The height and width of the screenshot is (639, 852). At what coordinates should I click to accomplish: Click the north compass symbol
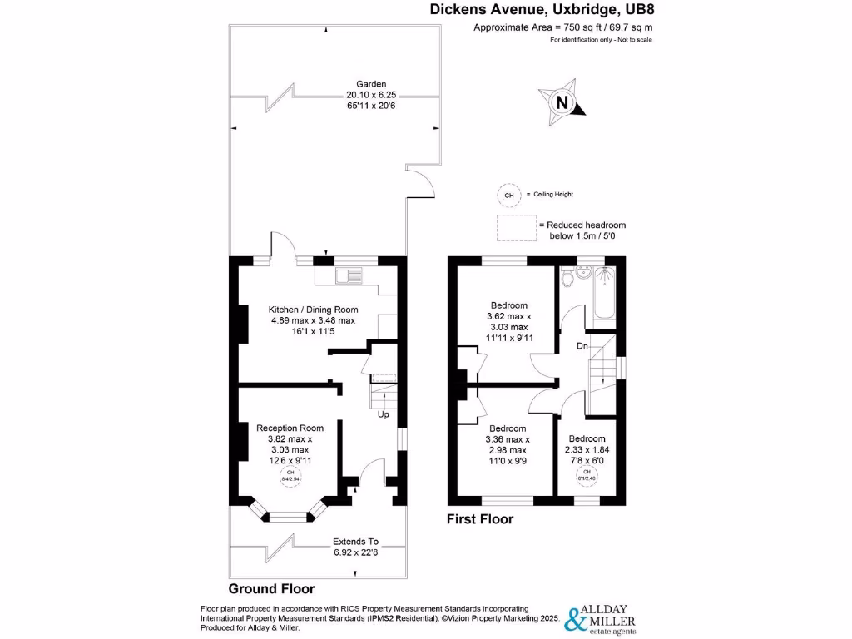click(x=562, y=102)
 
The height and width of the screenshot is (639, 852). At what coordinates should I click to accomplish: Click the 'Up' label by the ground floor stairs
click(x=384, y=414)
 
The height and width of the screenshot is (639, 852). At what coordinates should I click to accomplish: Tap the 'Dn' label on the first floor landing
click(x=585, y=345)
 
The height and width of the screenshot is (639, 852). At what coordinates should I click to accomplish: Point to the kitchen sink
click(x=348, y=275)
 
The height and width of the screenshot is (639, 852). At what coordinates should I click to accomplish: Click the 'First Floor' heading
click(x=480, y=519)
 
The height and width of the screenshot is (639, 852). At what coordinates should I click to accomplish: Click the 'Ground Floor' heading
click(x=271, y=588)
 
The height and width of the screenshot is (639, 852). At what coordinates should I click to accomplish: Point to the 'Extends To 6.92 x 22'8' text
click(x=355, y=546)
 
